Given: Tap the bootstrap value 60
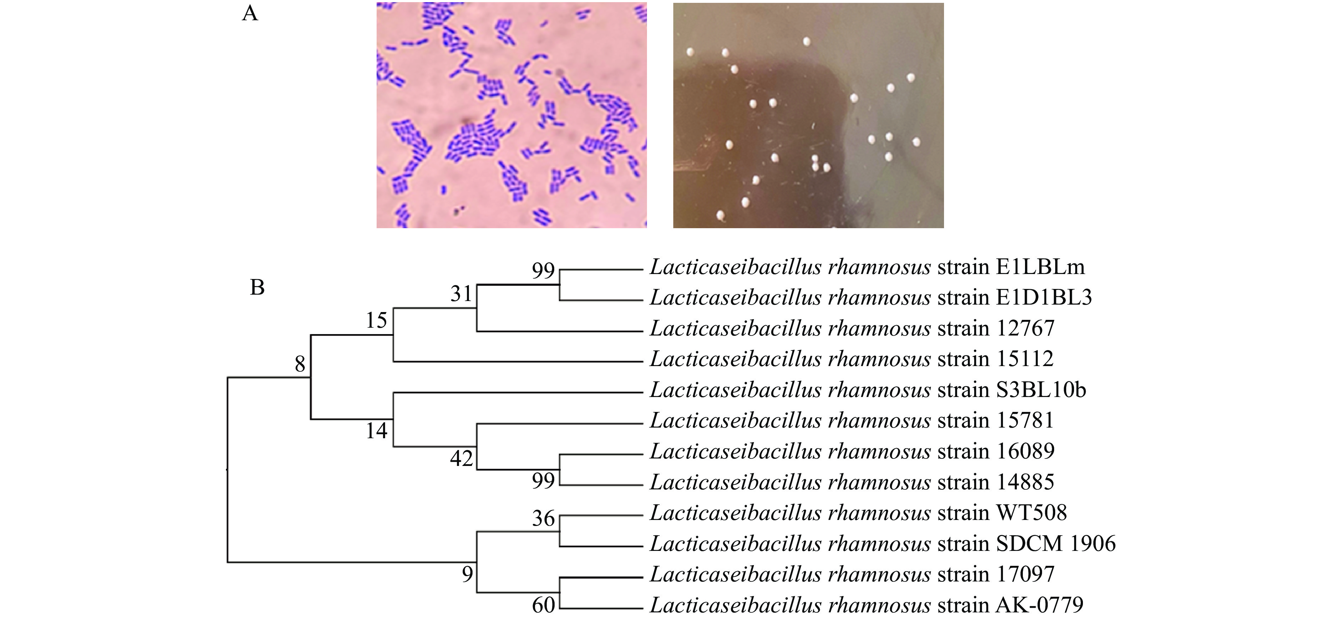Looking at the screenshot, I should (x=543, y=605).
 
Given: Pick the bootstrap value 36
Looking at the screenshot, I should (x=543, y=519).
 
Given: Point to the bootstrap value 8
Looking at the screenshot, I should (x=300, y=364).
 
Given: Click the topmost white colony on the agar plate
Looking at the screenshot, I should (x=807, y=41).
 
